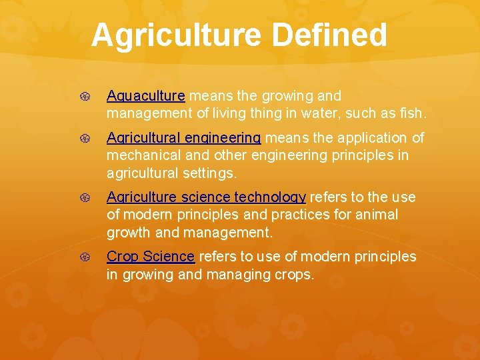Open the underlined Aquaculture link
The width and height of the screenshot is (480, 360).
(145, 96)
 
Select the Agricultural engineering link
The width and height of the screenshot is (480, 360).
(183, 138)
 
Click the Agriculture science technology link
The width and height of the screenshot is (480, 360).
(206, 197)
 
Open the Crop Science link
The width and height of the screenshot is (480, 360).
(151, 257)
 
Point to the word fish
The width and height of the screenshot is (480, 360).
(410, 113)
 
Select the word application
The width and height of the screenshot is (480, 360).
(373, 138)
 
